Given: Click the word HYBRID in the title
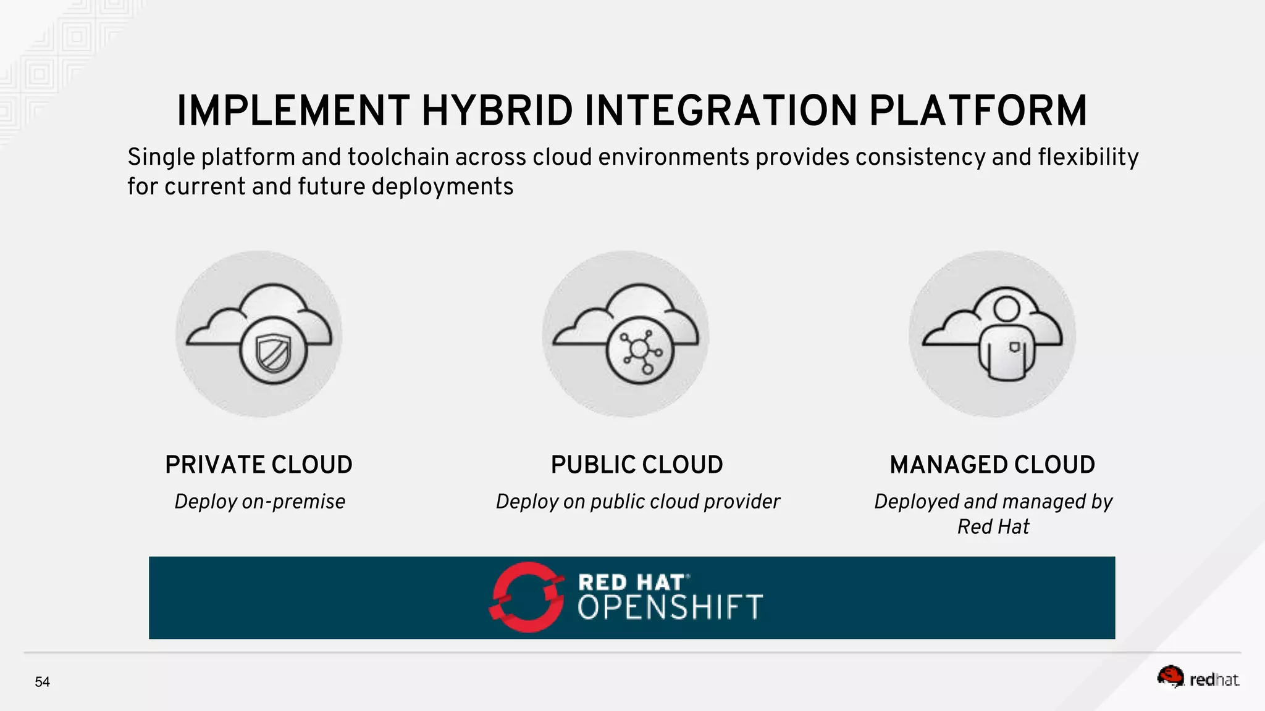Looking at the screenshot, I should [497, 111].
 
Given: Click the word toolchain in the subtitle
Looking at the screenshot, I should [398, 157].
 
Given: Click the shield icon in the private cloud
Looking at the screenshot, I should [273, 352].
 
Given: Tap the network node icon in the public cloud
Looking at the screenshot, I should [639, 351].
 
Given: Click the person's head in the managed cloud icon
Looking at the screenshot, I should [1007, 308].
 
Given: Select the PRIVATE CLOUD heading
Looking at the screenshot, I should [259, 465].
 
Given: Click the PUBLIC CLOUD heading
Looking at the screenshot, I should [637, 465].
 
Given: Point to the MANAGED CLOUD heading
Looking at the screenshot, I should [993, 465].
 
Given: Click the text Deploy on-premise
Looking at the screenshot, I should [259, 502].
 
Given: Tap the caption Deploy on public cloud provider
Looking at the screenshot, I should [637, 502].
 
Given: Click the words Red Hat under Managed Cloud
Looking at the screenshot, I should [993, 527].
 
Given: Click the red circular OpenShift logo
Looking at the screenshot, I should [527, 597].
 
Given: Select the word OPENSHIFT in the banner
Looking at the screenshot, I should [670, 607].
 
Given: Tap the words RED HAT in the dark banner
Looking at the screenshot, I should [631, 582].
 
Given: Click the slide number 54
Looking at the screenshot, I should [42, 682].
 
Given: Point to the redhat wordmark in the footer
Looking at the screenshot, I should [1214, 680].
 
